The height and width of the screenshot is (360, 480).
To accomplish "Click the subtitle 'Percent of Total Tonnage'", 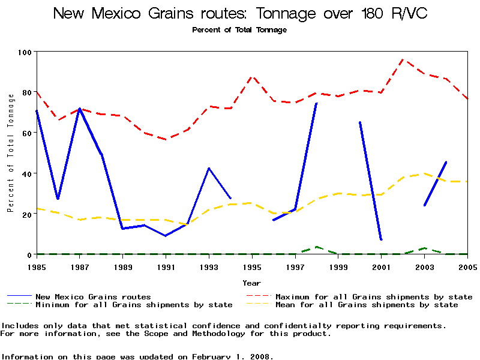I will point(239,30).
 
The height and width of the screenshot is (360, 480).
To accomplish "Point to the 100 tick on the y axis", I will point(25,52).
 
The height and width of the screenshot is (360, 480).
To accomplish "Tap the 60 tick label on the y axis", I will point(26,133).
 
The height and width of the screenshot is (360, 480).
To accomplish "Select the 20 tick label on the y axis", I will point(26,214).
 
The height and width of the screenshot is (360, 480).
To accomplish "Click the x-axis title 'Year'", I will point(252,283).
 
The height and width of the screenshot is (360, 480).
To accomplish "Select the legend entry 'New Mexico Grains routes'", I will point(93,296).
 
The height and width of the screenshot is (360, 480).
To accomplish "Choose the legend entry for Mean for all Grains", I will point(366,305).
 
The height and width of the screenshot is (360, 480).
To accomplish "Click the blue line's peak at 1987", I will point(80,109).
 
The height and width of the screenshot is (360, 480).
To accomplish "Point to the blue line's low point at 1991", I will point(166,236).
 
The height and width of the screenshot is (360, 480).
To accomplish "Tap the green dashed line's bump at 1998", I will point(317,247).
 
